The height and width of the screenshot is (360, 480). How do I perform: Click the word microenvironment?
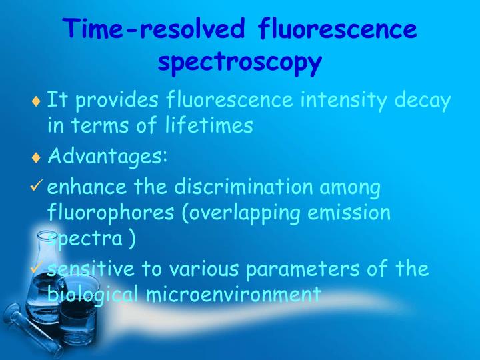click(232, 294)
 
